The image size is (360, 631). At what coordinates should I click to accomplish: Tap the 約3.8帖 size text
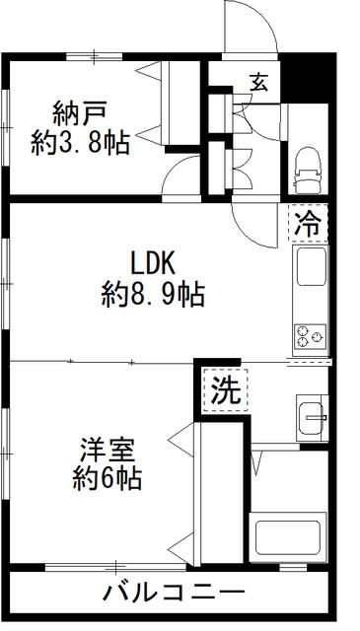pos(80,143)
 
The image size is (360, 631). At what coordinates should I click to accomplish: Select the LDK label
pos(153,263)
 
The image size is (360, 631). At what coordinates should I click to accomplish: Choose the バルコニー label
pos(173,595)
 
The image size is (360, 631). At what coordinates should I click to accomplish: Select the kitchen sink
pos(311,269)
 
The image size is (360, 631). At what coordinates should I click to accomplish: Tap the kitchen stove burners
pos(310,336)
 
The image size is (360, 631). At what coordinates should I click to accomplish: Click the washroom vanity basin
pos(312,418)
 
